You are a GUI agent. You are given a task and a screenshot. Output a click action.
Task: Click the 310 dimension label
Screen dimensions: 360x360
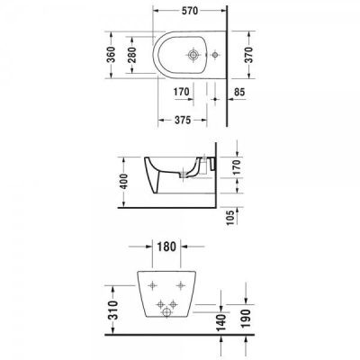112,310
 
